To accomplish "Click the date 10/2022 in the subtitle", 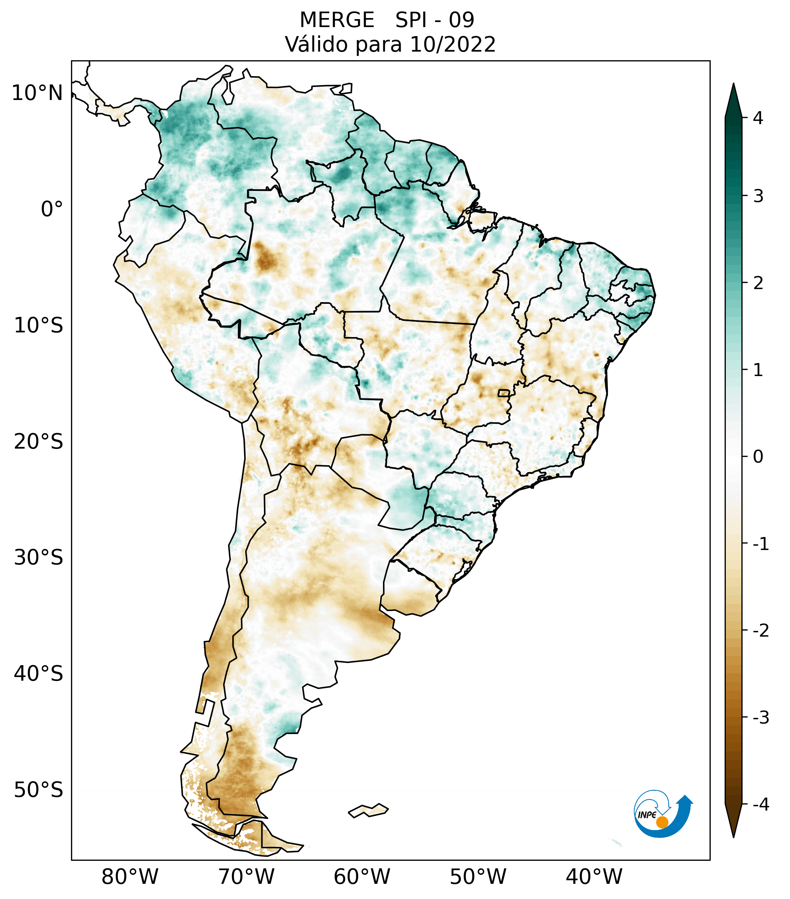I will [453, 44].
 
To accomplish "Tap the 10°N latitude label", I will [37, 93].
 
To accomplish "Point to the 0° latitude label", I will [52, 209].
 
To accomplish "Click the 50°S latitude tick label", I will [39, 790].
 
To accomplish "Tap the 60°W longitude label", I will [362, 877].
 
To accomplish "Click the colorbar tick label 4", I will [758, 118].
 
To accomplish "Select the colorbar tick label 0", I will [758, 457].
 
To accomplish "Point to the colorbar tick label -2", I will [760, 631].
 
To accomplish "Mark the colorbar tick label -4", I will [760, 804].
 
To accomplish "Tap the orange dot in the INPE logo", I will [662, 822].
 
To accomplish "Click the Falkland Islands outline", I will [368, 810].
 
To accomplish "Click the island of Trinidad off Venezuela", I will [347, 88].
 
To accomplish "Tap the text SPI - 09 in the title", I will [434, 20].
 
